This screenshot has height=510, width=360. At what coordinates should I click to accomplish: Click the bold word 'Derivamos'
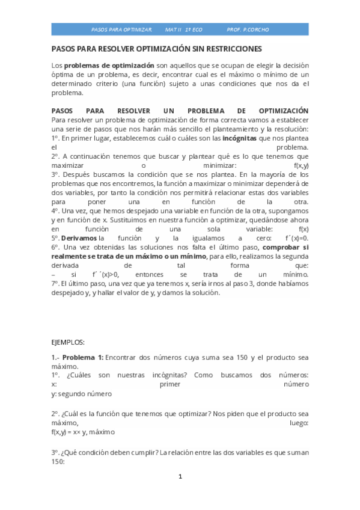pyautogui.click(x=79, y=238)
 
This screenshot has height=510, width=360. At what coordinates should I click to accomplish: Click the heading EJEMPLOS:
pyautogui.click(x=69, y=341)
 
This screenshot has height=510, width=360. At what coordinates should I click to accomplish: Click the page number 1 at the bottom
pyautogui.click(x=180, y=477)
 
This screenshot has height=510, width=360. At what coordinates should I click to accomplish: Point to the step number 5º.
pyautogui.click(x=56, y=238)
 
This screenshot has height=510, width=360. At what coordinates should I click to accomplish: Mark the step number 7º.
pyautogui.click(x=56, y=283)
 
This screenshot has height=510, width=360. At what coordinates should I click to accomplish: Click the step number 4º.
pyautogui.click(x=56, y=210)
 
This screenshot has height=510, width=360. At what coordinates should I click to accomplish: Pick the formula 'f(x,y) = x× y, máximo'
pyautogui.click(x=83, y=432)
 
